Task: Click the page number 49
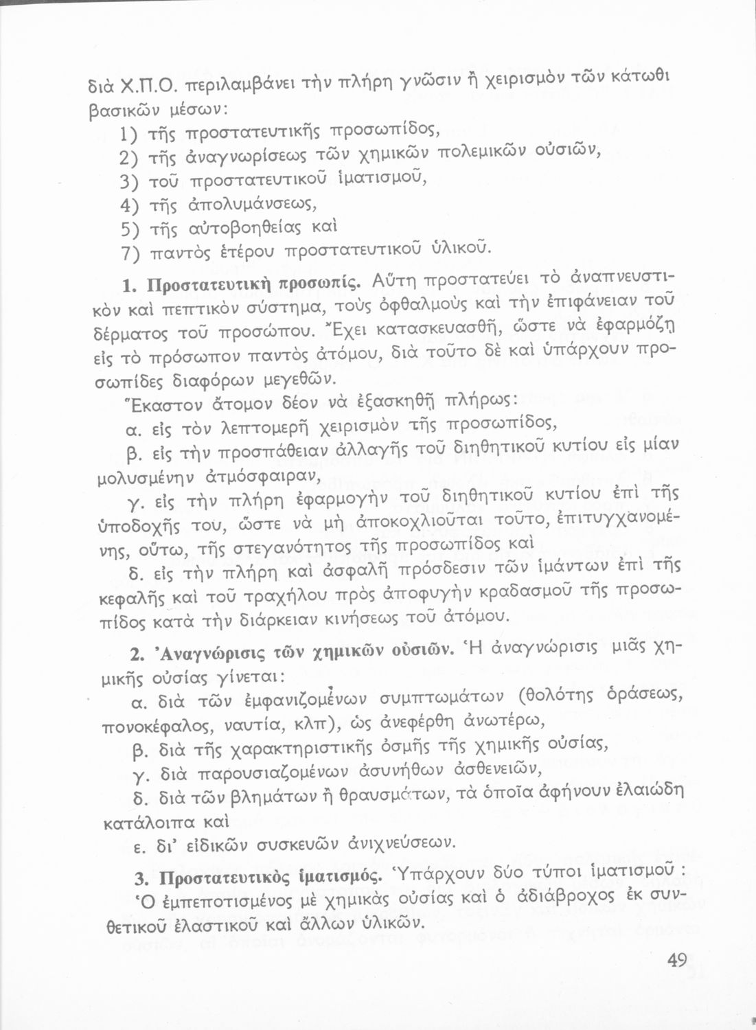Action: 676,961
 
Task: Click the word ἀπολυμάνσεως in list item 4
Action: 251,204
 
